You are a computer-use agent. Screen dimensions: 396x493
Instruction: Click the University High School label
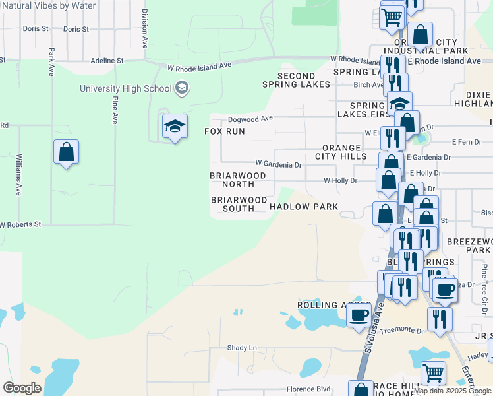[x=125, y=88]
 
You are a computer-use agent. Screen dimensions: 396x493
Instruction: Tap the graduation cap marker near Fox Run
[x=175, y=127]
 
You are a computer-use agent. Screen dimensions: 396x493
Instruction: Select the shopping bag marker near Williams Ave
[x=66, y=152]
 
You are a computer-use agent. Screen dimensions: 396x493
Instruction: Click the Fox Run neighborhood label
[x=225, y=131]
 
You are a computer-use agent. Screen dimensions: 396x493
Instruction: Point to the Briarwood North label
[x=238, y=180]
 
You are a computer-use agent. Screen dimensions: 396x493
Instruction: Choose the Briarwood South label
[x=239, y=204]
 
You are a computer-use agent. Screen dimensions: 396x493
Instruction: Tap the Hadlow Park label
[x=304, y=207]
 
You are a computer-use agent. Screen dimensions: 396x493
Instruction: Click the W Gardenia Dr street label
[x=278, y=164]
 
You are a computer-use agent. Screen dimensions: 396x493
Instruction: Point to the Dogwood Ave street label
[x=250, y=119]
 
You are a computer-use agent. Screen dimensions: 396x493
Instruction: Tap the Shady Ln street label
[x=241, y=348]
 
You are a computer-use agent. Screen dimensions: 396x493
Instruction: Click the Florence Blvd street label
[x=307, y=389]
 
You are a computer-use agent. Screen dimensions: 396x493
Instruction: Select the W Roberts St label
[x=20, y=225]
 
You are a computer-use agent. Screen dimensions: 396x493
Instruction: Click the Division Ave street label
[x=144, y=29]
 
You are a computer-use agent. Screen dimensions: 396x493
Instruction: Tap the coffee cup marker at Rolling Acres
[x=359, y=315]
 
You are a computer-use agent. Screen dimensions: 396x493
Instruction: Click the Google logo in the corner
[x=22, y=388]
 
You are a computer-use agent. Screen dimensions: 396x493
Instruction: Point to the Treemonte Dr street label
[x=407, y=329]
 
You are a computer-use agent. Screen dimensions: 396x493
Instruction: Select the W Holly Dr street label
[x=340, y=180]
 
